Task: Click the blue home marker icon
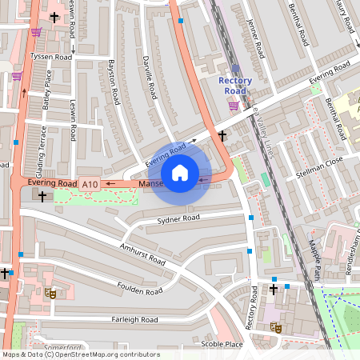point(180,173)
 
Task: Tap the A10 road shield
point(90,185)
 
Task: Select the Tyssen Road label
point(50,58)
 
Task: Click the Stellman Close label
point(318,170)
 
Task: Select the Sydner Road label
point(178,218)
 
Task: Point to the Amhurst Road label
point(142,254)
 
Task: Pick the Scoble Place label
point(222,344)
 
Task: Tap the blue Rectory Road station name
point(235,86)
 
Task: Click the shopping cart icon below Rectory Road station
point(234,105)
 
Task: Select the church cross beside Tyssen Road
point(54,17)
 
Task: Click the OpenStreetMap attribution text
point(81,354)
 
